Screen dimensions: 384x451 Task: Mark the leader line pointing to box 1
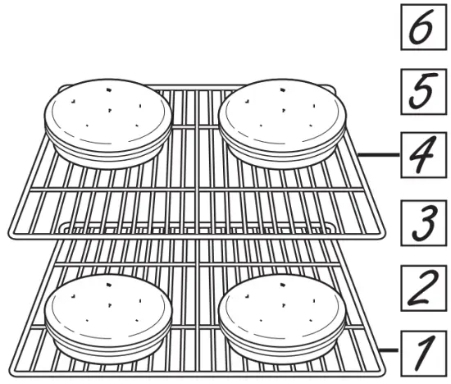392,350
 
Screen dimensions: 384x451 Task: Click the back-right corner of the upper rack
331,85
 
